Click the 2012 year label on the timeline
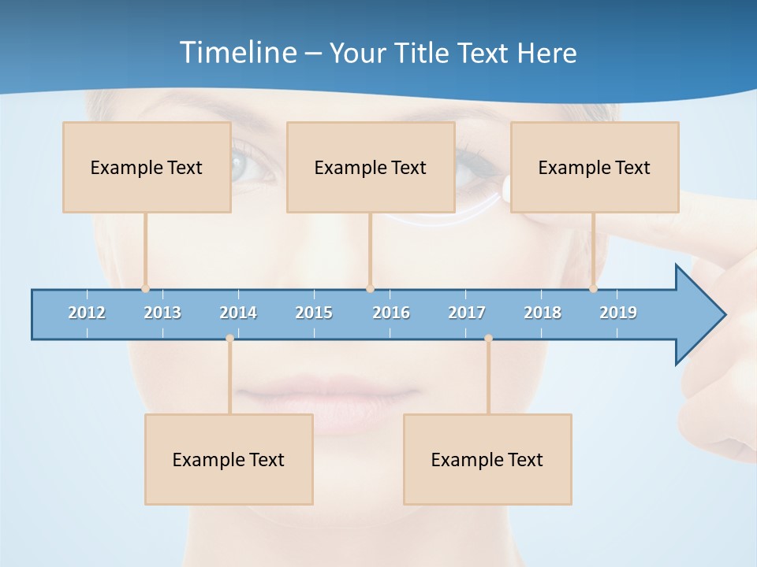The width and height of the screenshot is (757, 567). (x=87, y=313)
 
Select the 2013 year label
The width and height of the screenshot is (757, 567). (x=162, y=313)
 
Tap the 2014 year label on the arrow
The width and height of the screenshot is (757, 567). (x=238, y=313)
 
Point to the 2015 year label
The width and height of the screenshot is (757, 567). (x=314, y=313)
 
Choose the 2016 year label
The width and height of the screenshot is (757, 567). (x=391, y=313)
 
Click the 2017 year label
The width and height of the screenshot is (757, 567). (x=467, y=313)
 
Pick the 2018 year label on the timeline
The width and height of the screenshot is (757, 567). (x=543, y=313)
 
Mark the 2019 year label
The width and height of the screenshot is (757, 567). (x=618, y=313)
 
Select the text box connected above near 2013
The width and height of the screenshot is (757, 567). (x=147, y=167)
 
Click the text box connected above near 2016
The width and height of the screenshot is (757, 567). (x=371, y=167)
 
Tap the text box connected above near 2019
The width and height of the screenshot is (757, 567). (x=595, y=167)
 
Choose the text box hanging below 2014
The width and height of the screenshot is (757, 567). (x=229, y=459)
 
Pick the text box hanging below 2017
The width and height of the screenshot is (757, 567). (x=487, y=459)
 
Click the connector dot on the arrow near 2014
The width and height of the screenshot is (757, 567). (x=229, y=338)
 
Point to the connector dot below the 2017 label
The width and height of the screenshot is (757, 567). (x=488, y=338)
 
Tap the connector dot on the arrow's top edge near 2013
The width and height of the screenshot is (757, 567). (x=145, y=289)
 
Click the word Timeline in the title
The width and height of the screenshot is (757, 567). (x=237, y=53)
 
